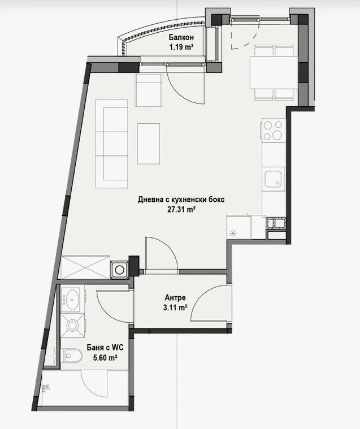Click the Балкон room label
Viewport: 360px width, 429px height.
coord(181,38)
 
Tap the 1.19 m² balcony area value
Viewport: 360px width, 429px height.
coord(181,47)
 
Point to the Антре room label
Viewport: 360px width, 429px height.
coord(175,298)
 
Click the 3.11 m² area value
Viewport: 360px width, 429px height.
coord(175,307)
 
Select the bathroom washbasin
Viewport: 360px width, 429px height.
coord(72,298)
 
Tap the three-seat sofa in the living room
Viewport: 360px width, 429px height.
coord(111,144)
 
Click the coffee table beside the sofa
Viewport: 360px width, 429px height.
coord(149,144)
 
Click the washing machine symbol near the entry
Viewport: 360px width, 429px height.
coord(119,270)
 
